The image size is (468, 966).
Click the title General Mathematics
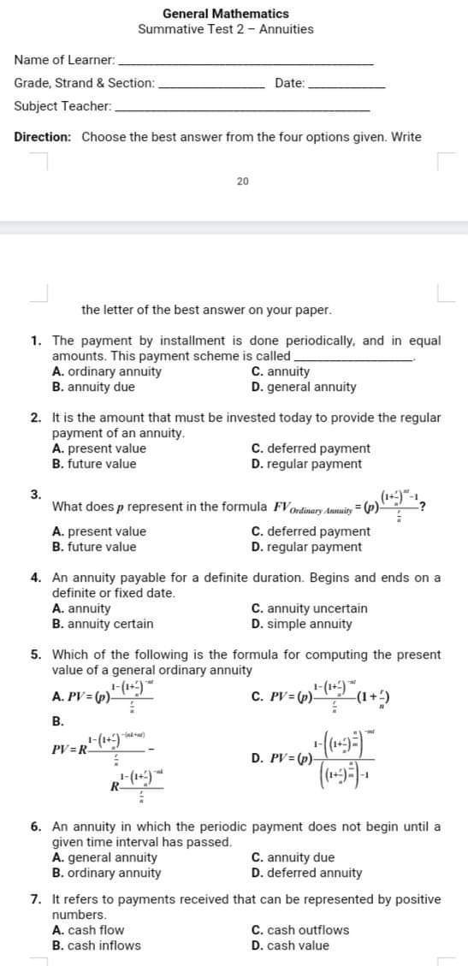click(226, 13)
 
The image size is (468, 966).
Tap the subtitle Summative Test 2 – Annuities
click(226, 29)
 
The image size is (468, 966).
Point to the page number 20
click(243, 181)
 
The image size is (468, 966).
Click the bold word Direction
click(43, 137)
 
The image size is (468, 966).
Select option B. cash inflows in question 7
click(97, 945)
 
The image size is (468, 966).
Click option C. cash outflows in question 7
click(300, 930)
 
